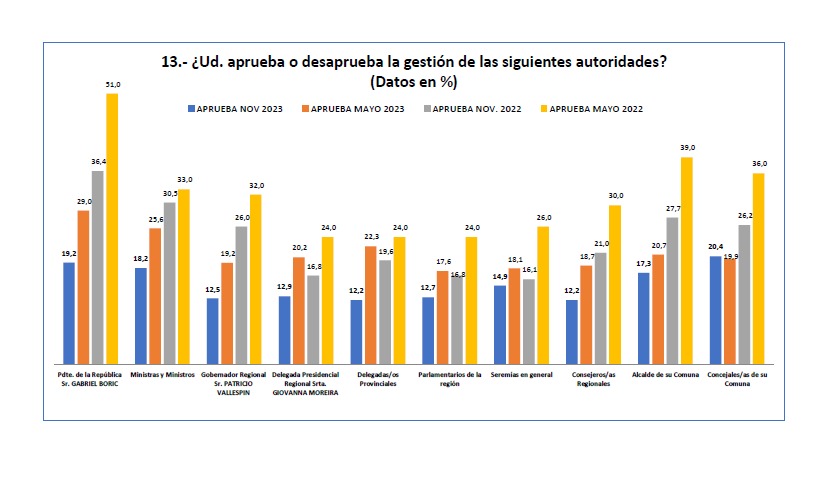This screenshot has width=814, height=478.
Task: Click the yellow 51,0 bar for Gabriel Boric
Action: click(x=112, y=229)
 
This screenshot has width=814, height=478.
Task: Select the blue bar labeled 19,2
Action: click(x=69, y=313)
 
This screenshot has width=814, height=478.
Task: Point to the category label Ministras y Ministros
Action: click(x=163, y=375)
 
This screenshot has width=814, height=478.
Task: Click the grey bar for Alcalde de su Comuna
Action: click(x=672, y=290)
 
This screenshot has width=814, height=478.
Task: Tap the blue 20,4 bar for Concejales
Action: click(x=715, y=310)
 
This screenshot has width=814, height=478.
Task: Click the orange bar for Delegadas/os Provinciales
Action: click(x=371, y=305)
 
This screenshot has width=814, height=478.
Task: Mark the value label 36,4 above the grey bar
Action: click(x=97, y=162)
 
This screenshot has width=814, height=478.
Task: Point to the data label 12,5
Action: click(x=213, y=290)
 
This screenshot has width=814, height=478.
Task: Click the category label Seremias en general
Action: click(x=522, y=375)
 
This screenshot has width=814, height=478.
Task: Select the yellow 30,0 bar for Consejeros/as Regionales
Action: click(x=615, y=284)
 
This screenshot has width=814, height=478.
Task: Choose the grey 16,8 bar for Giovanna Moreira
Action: click(x=313, y=320)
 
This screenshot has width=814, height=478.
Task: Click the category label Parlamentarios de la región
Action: click(x=450, y=379)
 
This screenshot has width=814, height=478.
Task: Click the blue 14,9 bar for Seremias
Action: click(x=500, y=324)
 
